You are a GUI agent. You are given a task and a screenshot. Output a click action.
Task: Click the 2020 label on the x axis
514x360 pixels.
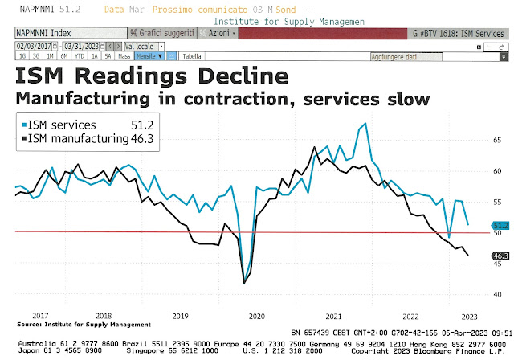[256, 316]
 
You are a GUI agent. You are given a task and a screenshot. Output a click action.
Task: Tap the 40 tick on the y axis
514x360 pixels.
[498, 294]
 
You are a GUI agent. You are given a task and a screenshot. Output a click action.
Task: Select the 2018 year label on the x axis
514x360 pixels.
[102, 316]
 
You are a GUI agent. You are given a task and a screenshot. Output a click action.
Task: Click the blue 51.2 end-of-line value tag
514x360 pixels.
[500, 226]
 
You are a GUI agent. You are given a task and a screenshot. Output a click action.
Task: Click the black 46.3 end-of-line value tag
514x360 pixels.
[500, 256]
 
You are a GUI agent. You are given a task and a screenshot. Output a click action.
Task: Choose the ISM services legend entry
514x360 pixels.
[62, 125]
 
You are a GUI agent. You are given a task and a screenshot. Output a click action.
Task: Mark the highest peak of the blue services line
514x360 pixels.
[366, 124]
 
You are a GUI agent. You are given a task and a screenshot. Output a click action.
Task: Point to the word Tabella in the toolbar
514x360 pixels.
[192, 57]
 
